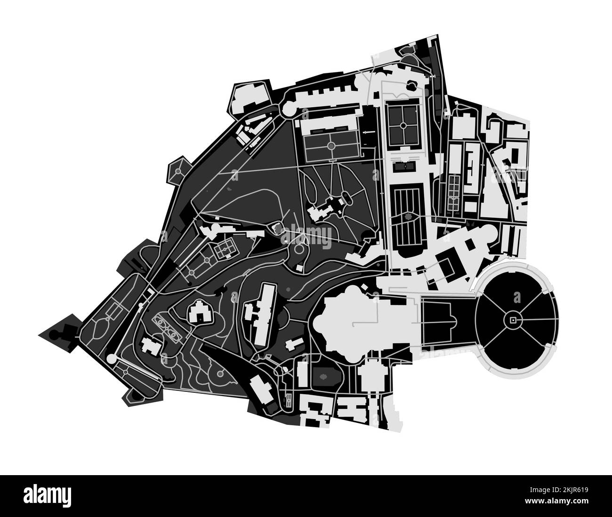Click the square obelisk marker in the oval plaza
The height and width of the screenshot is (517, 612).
click(512, 320)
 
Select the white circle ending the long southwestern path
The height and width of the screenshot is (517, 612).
click(112, 359)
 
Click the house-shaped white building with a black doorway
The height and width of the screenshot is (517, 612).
click(200, 312)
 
